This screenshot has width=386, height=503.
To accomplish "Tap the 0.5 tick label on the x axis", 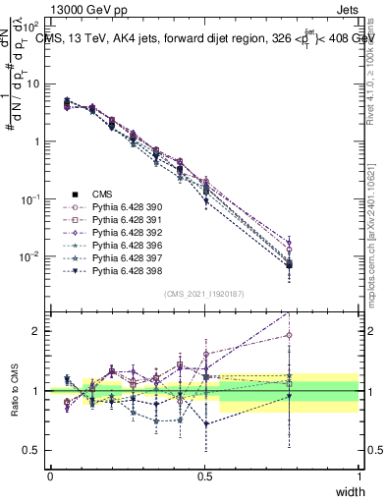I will point(204,476).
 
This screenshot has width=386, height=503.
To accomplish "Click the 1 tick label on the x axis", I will point(358,476).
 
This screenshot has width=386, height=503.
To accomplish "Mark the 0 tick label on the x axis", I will point(50,476).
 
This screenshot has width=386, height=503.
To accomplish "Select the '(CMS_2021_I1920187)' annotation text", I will point(204,294).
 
